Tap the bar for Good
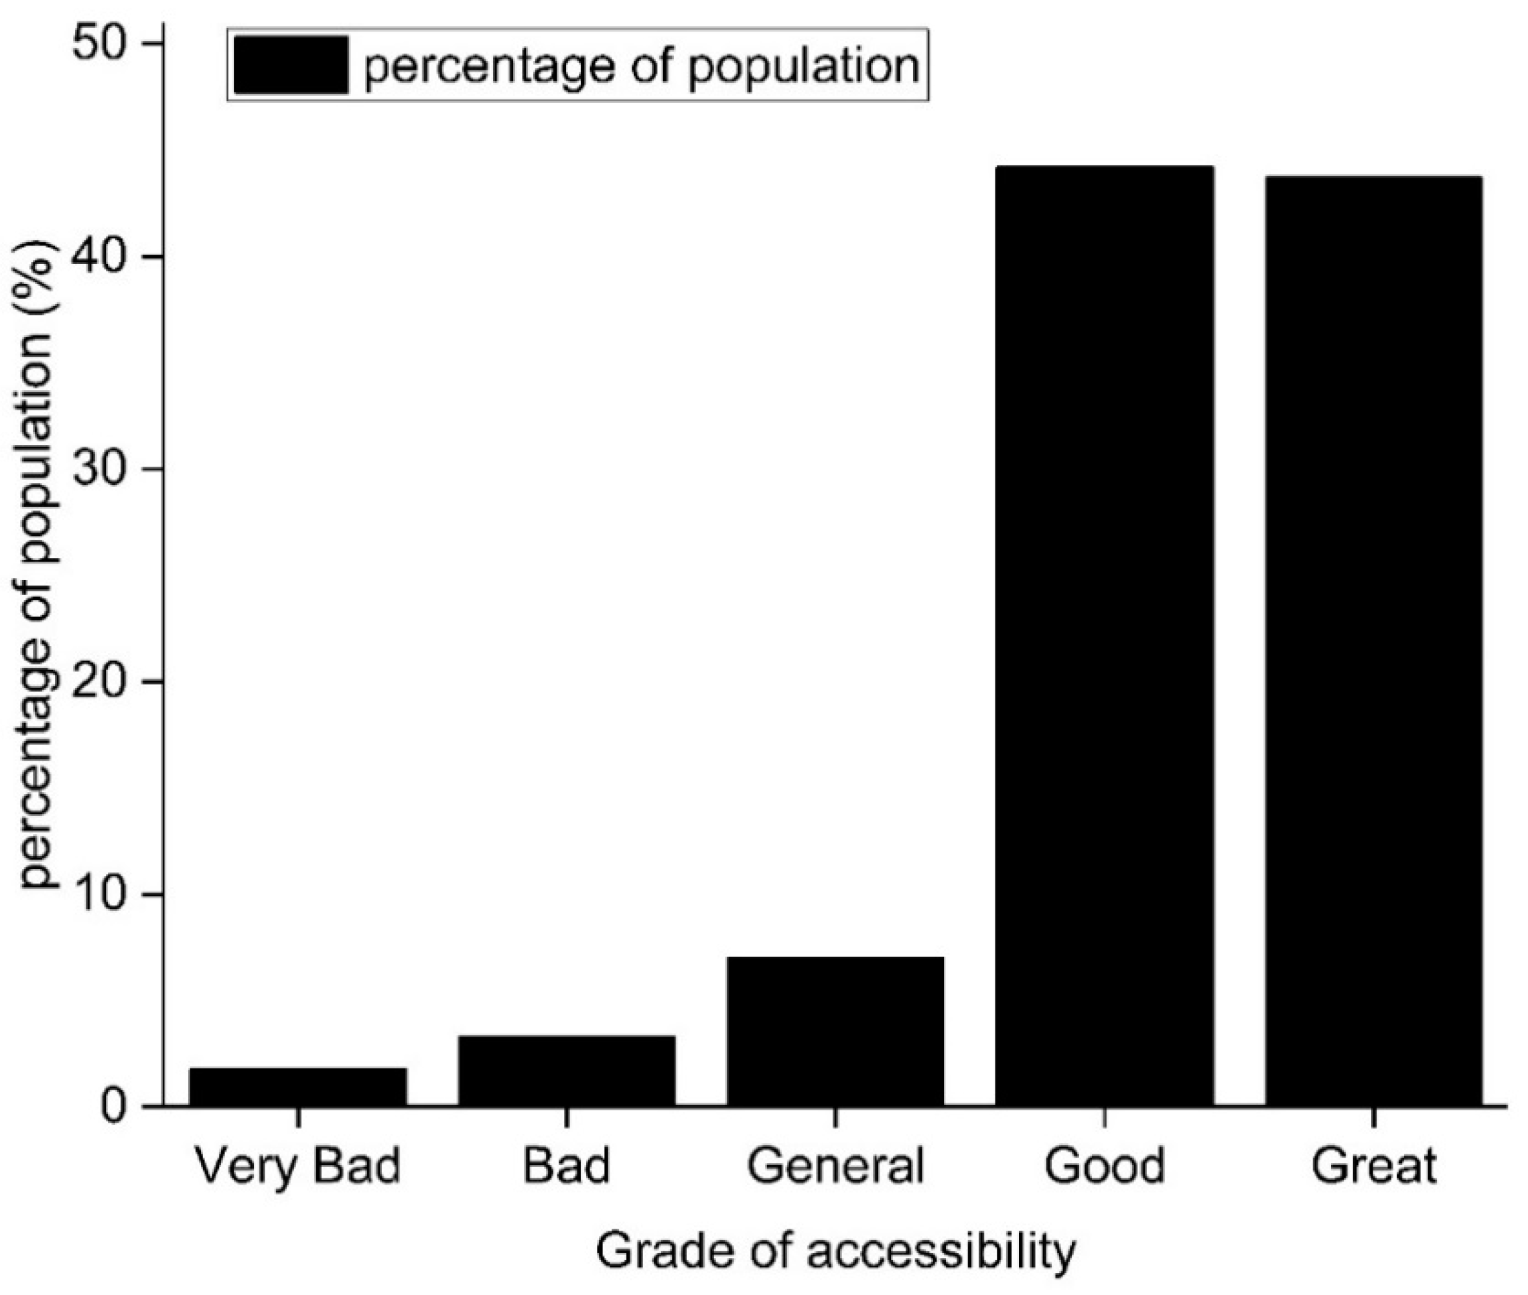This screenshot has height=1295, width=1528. (x=1104, y=635)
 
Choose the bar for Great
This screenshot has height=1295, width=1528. (x=1373, y=640)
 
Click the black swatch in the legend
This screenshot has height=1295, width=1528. (x=291, y=66)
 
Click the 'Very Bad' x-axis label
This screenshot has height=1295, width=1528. (x=298, y=1166)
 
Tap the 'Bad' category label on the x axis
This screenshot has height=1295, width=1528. (x=567, y=1166)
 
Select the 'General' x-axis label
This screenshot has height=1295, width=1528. (x=835, y=1166)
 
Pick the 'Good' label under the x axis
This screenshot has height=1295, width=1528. (x=1104, y=1166)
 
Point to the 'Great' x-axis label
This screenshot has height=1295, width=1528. (x=1373, y=1166)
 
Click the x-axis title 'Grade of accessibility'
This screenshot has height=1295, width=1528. (x=835, y=1251)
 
